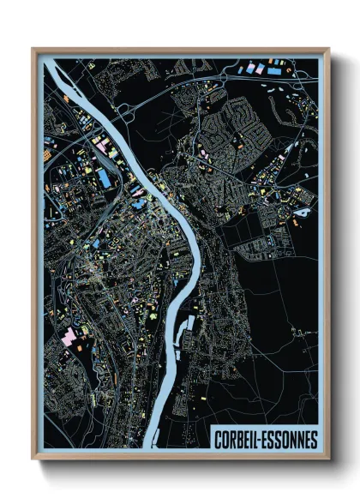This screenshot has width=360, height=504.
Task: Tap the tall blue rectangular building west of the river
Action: click(104, 178)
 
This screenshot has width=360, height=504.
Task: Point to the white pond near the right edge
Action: click(302, 210)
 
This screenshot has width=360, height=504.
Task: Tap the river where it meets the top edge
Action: click(50, 63)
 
